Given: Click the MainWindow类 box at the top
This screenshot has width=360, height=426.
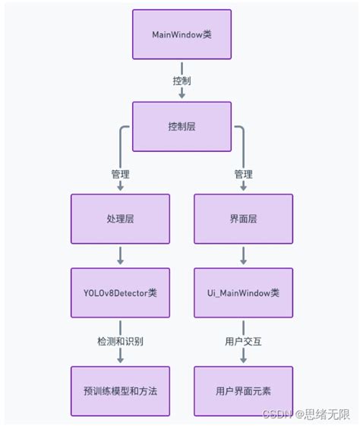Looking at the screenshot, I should click(182, 34).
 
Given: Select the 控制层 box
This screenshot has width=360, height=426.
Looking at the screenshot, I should click(182, 126).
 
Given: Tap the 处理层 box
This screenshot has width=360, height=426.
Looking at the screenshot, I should click(120, 218).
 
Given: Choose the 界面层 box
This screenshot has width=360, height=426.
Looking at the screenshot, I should click(243, 218).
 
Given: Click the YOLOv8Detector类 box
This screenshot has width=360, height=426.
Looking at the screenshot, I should click(120, 292).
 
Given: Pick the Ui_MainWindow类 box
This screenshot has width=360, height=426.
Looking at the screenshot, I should click(243, 292).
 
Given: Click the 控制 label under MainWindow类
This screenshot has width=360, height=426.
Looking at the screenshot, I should click(182, 80).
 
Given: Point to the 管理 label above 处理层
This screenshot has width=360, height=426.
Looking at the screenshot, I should click(120, 174).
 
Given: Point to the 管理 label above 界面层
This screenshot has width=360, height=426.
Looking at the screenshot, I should click(243, 174).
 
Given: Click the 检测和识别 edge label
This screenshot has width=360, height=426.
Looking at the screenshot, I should click(120, 341).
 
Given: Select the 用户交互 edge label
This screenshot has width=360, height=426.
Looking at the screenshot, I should click(243, 341).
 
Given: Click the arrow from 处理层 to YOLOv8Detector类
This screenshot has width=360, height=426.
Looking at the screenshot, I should click(120, 254).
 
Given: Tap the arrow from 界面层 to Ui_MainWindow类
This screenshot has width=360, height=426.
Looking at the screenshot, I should click(243, 254).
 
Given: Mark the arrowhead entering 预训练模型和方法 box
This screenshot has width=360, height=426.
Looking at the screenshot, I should click(120, 361).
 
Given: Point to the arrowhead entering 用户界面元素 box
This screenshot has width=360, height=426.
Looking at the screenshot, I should click(243, 361).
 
